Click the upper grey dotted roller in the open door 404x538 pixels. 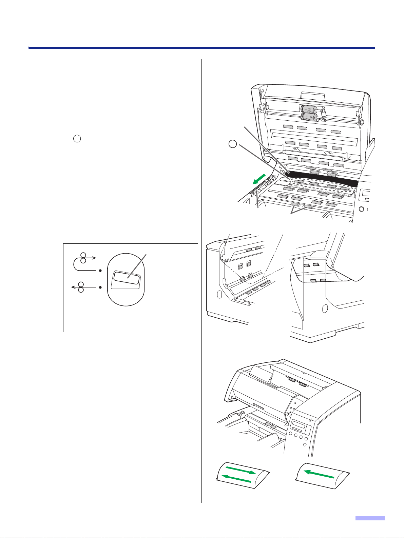(x=309, y=110)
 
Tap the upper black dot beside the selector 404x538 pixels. (x=100, y=271)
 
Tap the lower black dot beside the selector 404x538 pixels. (x=100, y=287)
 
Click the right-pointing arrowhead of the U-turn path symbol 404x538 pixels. (x=96, y=258)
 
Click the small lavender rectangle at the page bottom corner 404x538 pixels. (x=370, y=518)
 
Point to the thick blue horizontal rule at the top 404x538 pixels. (x=201, y=48)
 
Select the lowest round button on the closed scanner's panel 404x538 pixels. (x=305, y=444)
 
